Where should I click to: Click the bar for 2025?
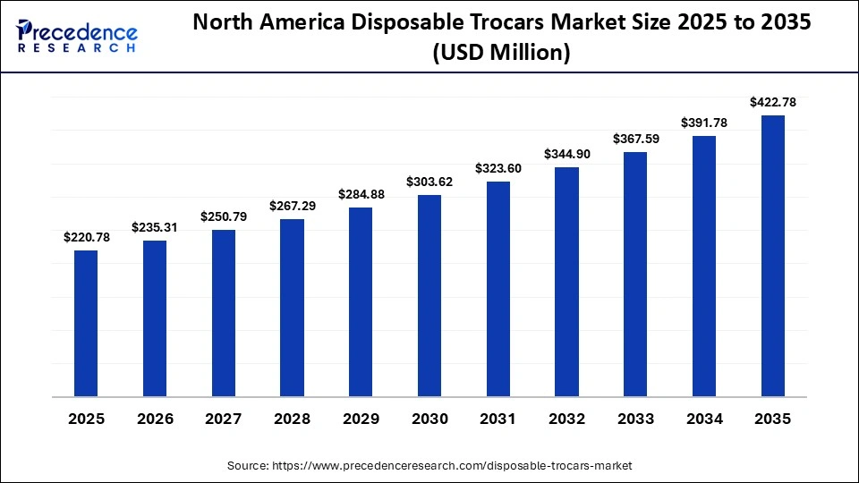86,323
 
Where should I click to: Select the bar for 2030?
429,295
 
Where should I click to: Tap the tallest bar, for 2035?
772,255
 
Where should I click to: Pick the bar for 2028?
292,307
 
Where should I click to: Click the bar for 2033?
635,274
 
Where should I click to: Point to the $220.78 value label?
86,237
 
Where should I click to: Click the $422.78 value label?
772,102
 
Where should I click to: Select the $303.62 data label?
429,182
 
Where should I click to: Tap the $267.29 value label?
292,206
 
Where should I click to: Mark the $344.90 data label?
567,154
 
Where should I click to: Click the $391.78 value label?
704,123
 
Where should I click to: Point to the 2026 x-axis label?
155,419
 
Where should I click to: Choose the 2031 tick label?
498,419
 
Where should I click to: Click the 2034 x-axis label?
704,419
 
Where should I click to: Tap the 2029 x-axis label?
361,419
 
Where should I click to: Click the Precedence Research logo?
77,35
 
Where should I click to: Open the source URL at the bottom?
429,465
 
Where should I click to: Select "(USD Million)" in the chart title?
501,54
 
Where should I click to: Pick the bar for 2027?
224,313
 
